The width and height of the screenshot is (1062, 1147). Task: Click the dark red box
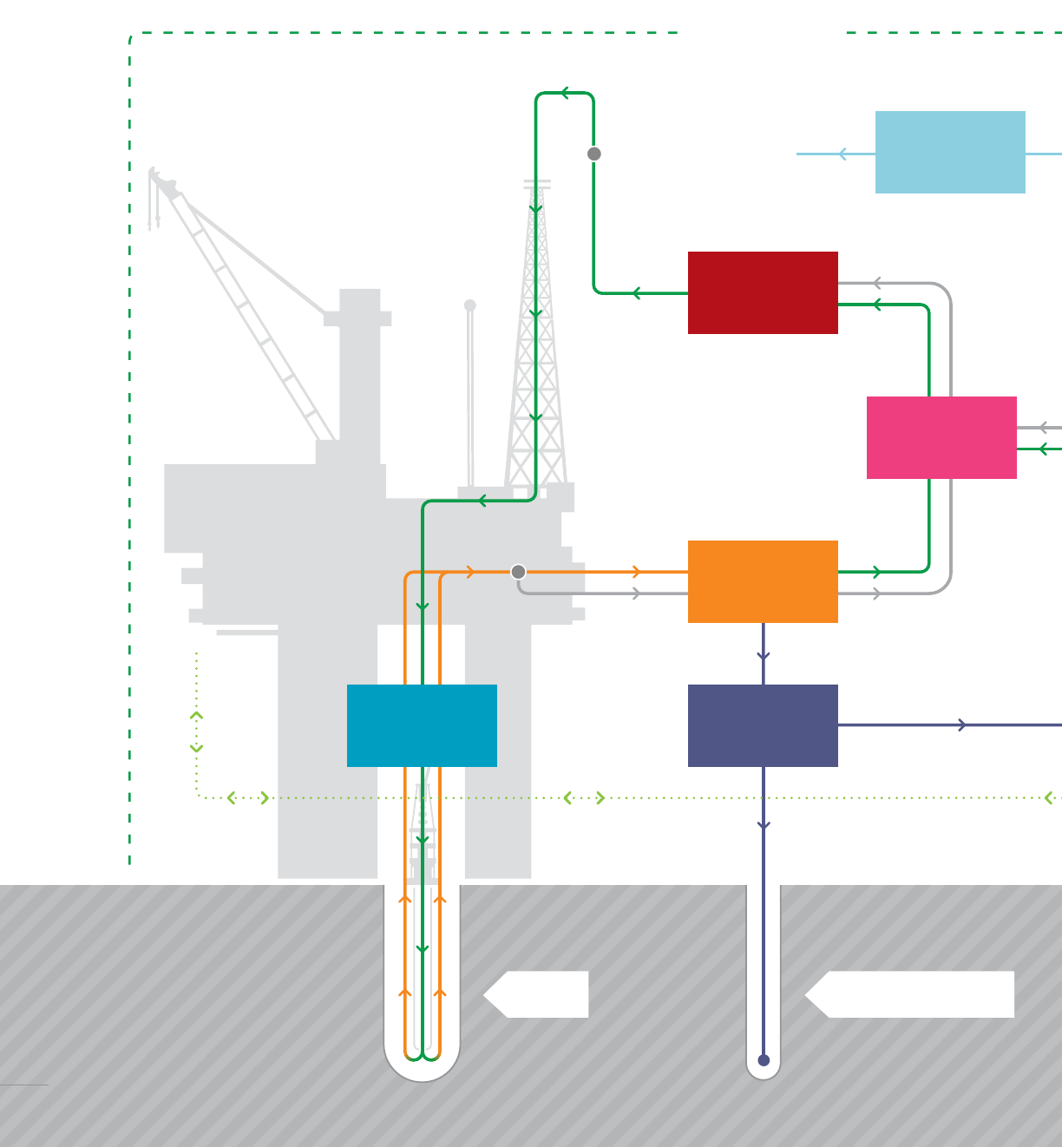[x=763, y=292]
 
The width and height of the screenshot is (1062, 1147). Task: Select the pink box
[x=941, y=437]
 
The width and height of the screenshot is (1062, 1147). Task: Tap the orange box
[x=763, y=581]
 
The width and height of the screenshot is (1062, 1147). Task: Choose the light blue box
[x=950, y=152]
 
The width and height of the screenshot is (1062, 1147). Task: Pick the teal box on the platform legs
[x=422, y=725]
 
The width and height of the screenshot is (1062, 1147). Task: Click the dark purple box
[x=763, y=725]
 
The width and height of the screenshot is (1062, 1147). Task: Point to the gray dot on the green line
[x=594, y=154]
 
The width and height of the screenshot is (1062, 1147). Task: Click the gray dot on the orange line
[x=518, y=572]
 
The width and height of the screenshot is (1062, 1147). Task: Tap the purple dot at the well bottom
[x=764, y=1060]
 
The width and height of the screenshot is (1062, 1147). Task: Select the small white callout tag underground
[x=538, y=994]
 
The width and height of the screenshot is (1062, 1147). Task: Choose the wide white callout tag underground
[x=911, y=994]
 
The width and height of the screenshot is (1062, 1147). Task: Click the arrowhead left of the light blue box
[x=842, y=154]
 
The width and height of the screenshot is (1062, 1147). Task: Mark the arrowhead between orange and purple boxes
[x=764, y=656]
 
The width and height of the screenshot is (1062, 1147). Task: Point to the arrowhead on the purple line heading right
[x=962, y=725]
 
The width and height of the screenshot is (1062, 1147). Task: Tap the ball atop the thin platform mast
[x=470, y=305]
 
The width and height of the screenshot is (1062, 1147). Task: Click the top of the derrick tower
[x=537, y=183]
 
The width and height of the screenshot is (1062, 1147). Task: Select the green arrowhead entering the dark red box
[x=877, y=305]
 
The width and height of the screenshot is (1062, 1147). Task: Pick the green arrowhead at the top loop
[x=566, y=93]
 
